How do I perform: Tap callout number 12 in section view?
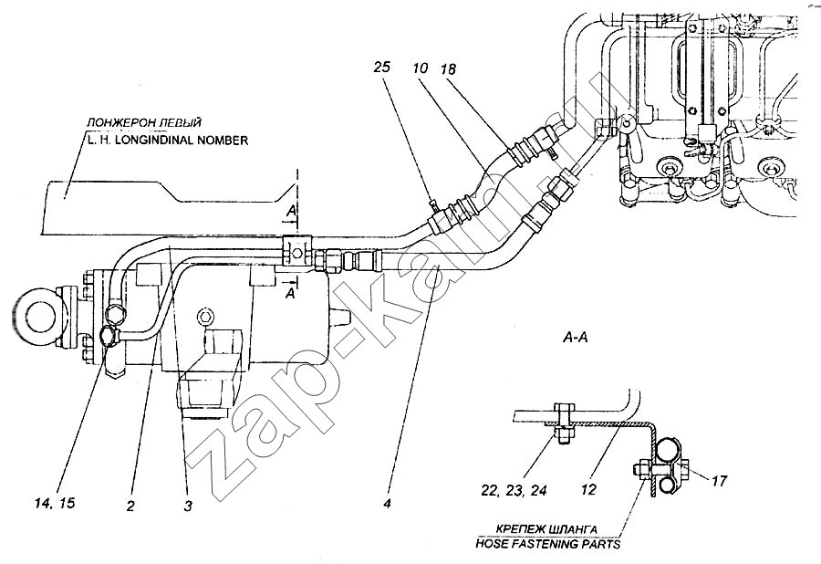pos(589,489)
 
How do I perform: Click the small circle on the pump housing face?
pos(203,316)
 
